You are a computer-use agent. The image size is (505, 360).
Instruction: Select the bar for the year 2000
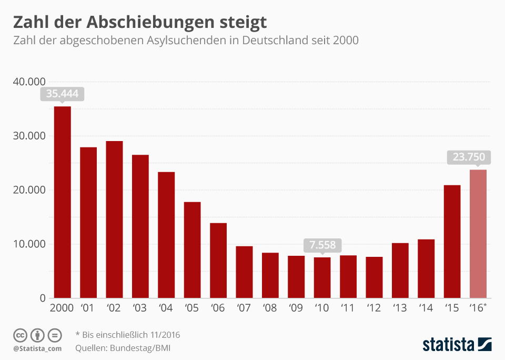63,203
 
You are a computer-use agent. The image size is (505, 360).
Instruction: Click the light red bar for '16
478,234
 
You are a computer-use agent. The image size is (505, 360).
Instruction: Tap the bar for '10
322,278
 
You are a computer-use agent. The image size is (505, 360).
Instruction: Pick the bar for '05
192,251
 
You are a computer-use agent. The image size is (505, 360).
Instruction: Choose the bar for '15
452,242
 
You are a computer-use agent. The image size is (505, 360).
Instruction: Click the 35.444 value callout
62,94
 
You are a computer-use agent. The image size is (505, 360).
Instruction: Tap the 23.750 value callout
469,157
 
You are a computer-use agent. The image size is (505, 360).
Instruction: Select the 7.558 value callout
322,245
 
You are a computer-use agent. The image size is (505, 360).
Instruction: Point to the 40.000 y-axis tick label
29,82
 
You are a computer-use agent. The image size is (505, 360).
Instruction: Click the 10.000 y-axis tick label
29,244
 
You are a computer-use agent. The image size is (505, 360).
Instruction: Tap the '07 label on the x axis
244,308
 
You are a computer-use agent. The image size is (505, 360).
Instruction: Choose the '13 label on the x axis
400,308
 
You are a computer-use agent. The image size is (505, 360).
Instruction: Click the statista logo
457,345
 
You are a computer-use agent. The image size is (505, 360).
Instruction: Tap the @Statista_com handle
37,348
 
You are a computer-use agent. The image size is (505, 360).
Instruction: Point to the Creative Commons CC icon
21,335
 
